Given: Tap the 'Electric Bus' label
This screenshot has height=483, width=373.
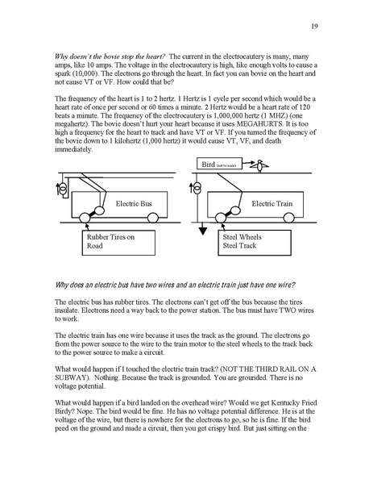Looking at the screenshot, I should click(x=133, y=205).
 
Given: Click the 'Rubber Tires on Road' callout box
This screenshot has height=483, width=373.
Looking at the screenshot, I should click(x=112, y=244).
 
